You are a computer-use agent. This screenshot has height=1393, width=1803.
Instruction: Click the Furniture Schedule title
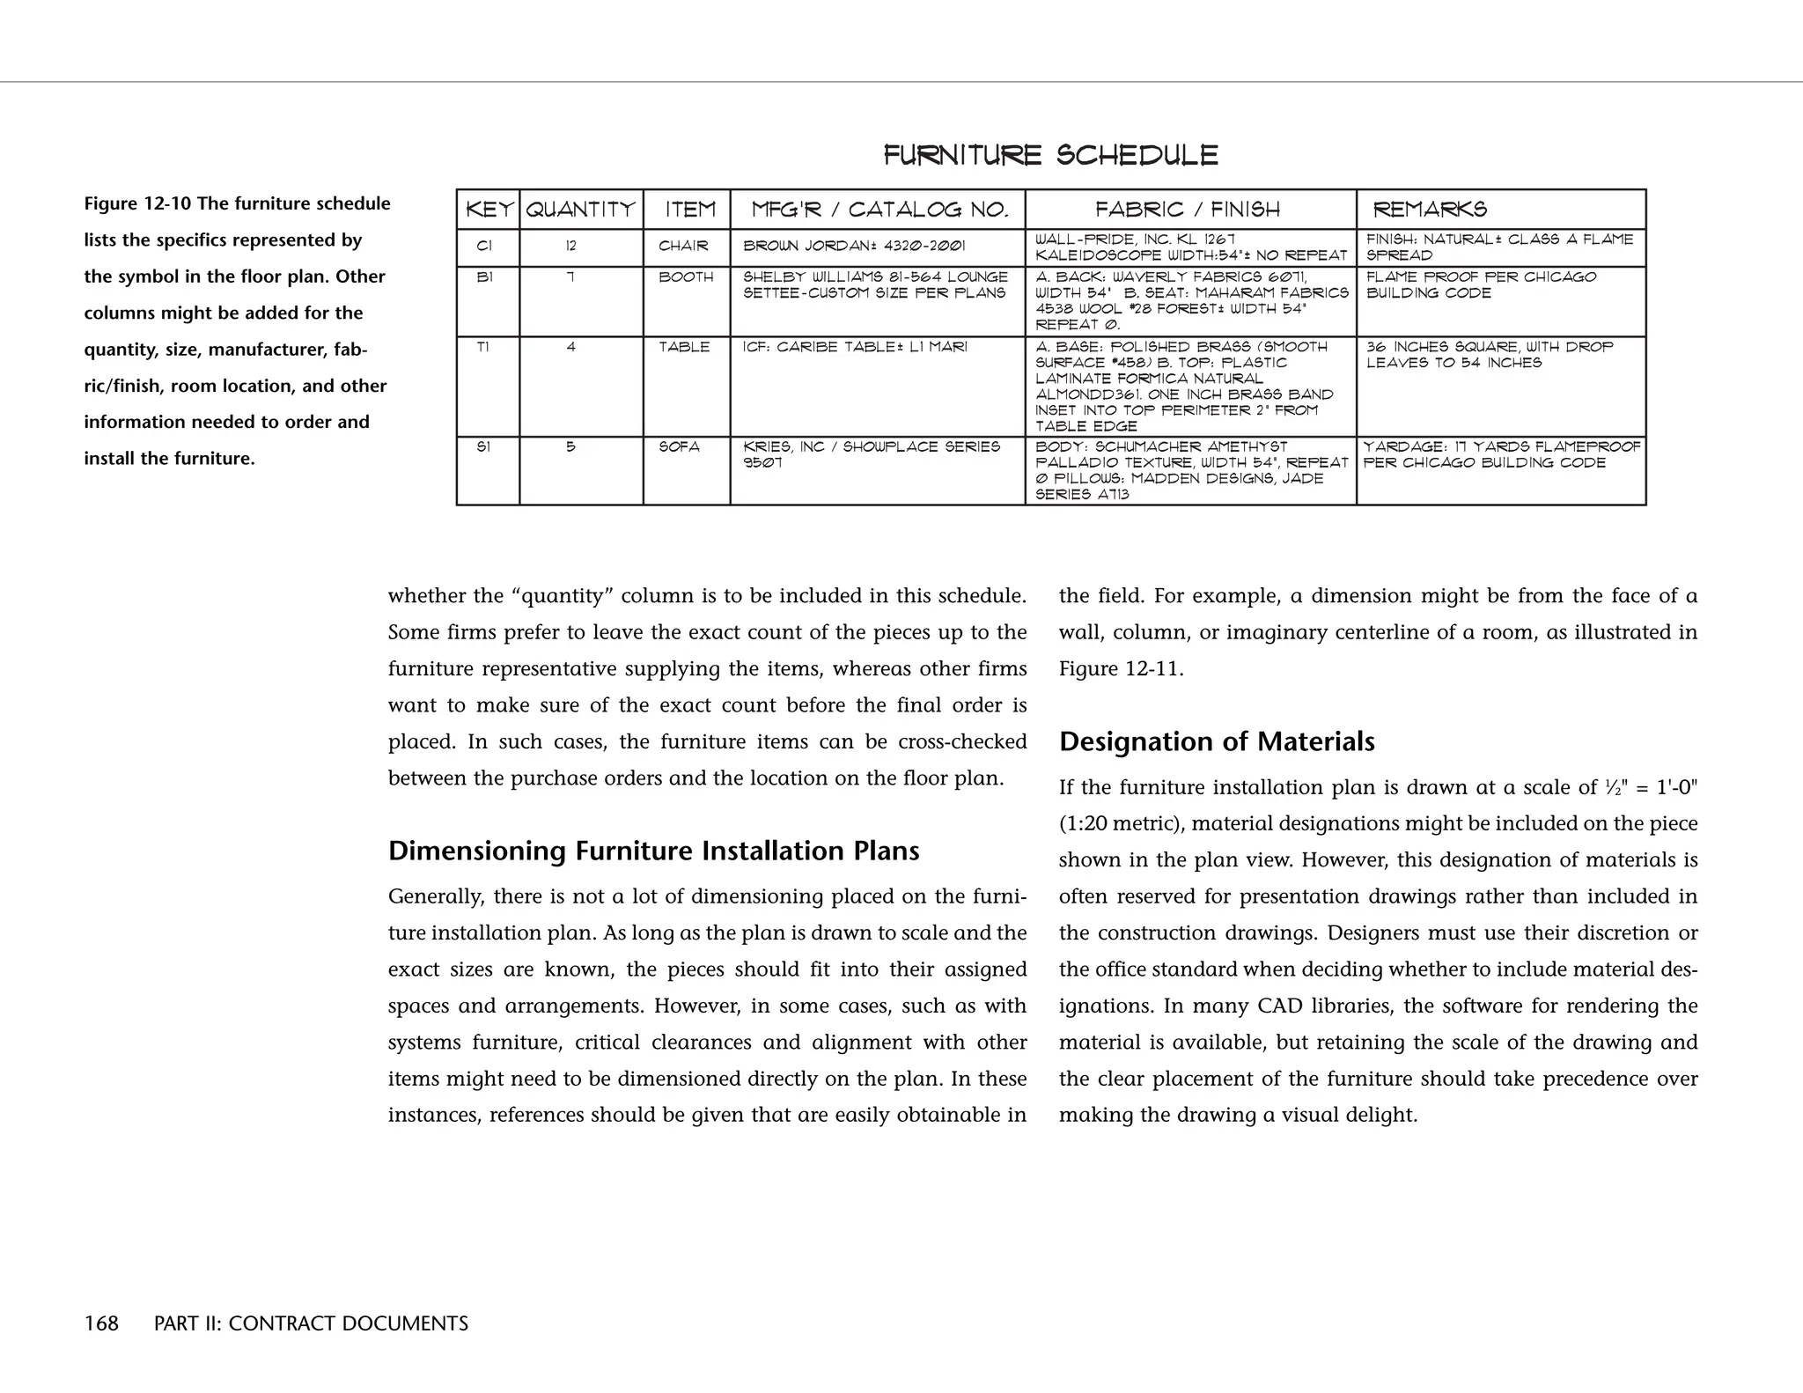(x=1050, y=156)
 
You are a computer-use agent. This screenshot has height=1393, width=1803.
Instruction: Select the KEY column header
(x=489, y=210)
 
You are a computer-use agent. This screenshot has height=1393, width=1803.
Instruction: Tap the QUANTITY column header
(x=581, y=210)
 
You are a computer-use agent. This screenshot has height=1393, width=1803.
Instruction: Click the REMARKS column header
(x=1431, y=210)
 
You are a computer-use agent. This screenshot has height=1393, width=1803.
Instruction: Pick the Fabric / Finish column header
(x=1188, y=210)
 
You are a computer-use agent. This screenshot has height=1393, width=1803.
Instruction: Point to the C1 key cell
(x=484, y=247)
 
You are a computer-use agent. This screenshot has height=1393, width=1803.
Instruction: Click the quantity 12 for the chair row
(x=570, y=247)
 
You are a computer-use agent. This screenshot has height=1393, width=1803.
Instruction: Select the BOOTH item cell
(x=686, y=277)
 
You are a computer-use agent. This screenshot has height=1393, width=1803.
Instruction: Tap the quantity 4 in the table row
(x=570, y=348)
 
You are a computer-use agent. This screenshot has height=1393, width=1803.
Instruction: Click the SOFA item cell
(x=679, y=447)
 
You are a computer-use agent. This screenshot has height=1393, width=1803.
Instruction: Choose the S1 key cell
(x=483, y=447)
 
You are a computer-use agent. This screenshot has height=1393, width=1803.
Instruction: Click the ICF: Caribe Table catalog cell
(x=854, y=348)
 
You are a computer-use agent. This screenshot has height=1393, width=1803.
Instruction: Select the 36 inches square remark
(x=1489, y=355)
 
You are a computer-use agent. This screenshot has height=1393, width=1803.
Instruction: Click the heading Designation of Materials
(x=1217, y=741)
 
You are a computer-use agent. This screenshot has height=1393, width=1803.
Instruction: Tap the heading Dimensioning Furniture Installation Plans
(x=653, y=851)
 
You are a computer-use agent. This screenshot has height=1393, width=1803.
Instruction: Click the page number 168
(x=101, y=1323)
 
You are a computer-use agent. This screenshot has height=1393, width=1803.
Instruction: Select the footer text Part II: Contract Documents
(x=311, y=1323)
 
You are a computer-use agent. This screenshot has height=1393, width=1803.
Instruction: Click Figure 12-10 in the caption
(x=138, y=204)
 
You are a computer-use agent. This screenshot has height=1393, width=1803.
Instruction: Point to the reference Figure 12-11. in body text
(x=1121, y=668)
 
